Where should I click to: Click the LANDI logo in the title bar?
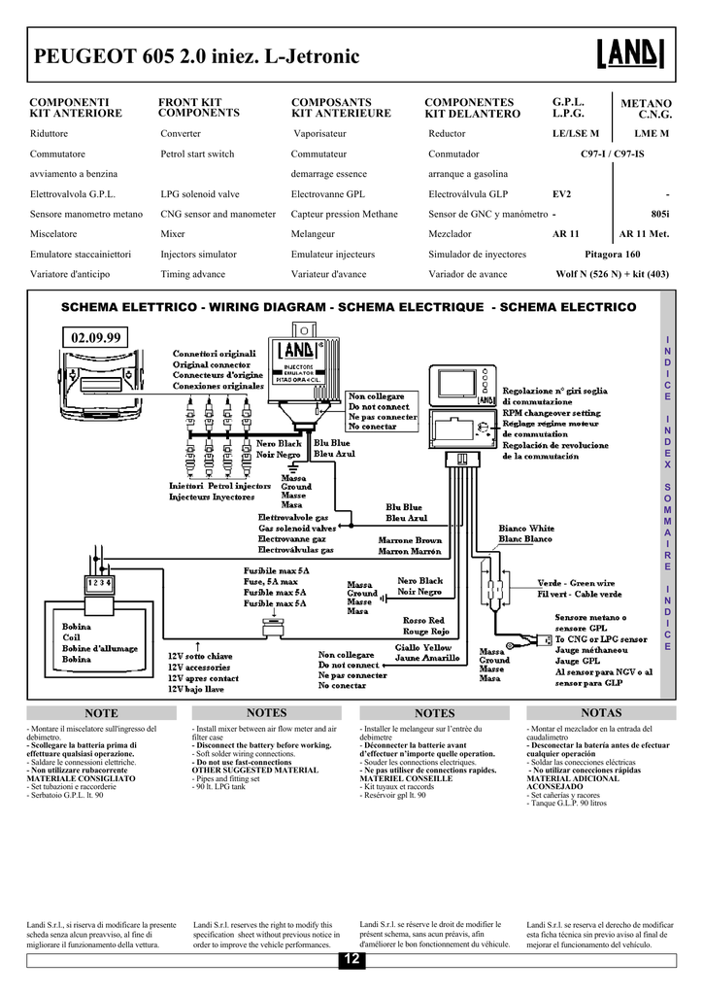(x=630, y=56)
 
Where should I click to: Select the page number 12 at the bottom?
(x=351, y=961)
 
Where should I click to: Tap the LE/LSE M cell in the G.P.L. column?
(x=576, y=133)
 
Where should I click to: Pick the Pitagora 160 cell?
(x=611, y=255)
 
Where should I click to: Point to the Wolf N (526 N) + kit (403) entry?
(x=612, y=275)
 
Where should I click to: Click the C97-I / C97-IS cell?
(x=612, y=154)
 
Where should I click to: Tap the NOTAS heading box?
(x=600, y=713)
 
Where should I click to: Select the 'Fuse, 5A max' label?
(x=270, y=581)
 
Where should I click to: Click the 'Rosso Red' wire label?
(x=423, y=621)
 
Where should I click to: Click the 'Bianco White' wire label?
(x=526, y=529)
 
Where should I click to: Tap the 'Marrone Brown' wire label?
(x=410, y=540)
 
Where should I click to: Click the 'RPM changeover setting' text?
(x=551, y=413)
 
